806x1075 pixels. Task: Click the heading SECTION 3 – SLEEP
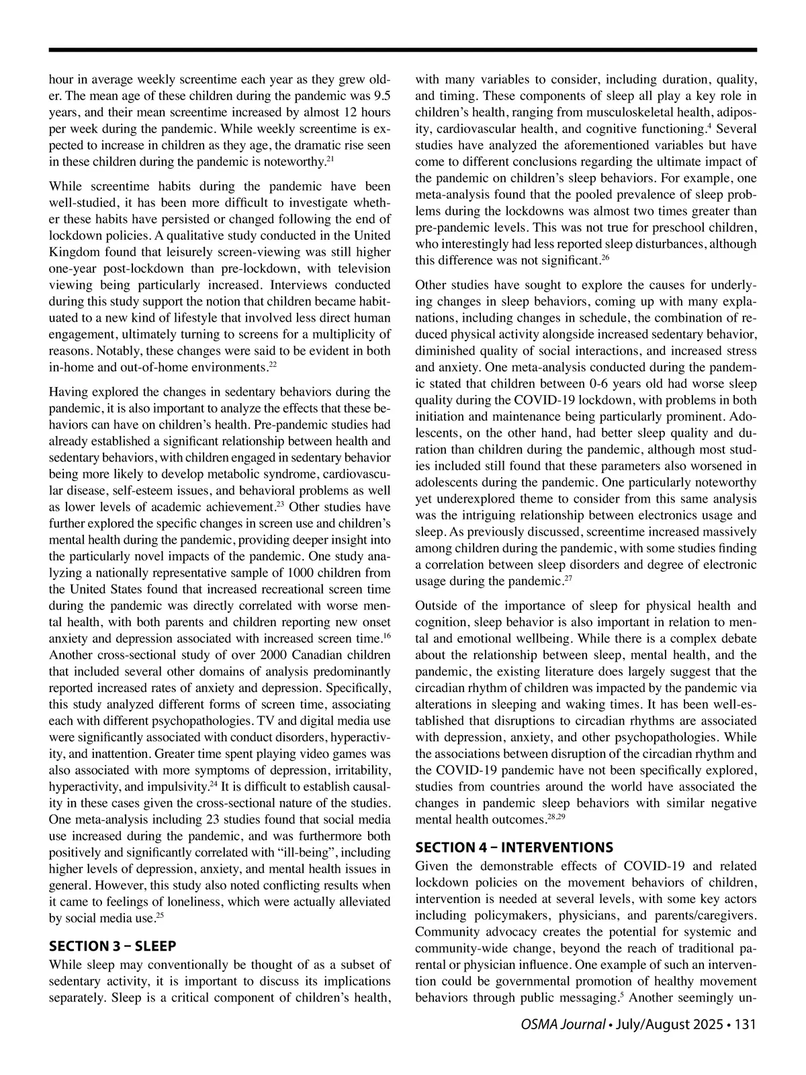point(113,946)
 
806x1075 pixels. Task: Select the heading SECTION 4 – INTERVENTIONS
point(514,847)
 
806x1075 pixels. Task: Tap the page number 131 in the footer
point(746,1025)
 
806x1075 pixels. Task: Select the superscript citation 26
point(604,257)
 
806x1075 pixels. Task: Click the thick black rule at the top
point(403,50)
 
